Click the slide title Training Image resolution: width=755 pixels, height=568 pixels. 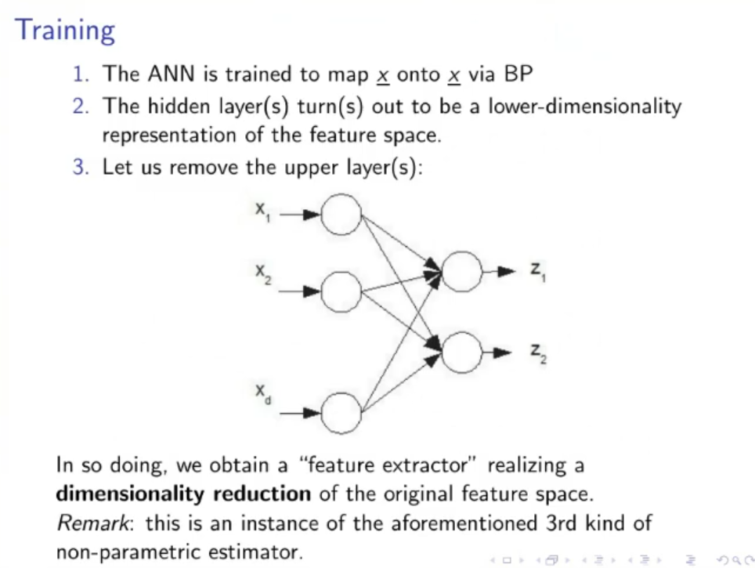click(x=65, y=31)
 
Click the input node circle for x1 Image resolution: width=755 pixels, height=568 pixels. click(x=341, y=213)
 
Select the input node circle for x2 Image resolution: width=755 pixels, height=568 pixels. click(x=341, y=291)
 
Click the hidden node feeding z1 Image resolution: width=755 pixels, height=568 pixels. click(x=462, y=272)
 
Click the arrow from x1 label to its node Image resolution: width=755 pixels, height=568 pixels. click(x=300, y=213)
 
